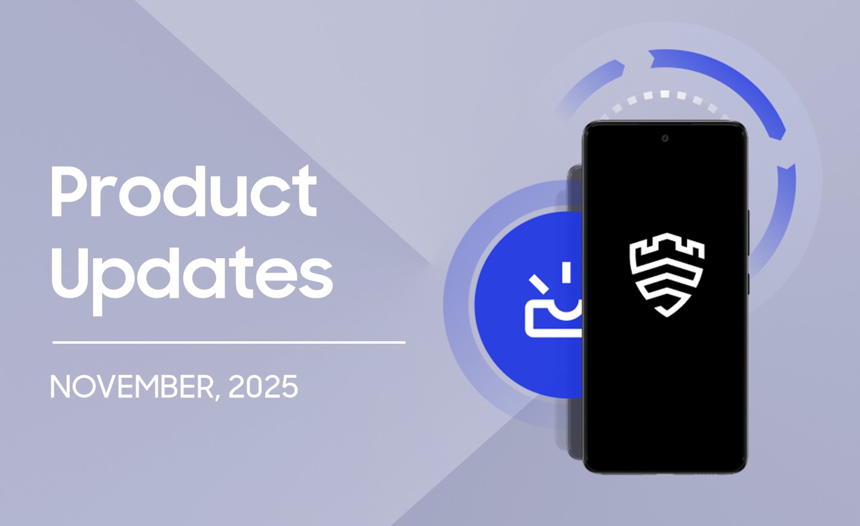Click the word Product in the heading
(x=183, y=191)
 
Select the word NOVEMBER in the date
(x=131, y=387)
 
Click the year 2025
(x=263, y=387)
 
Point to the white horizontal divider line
(x=229, y=342)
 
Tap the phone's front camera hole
(x=665, y=139)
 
